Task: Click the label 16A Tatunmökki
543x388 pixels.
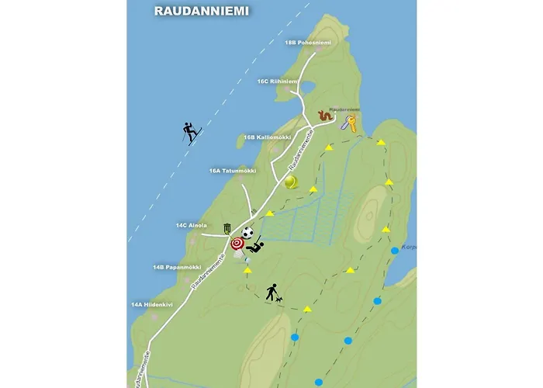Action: click(x=232, y=171)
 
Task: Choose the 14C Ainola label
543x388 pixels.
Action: click(x=191, y=225)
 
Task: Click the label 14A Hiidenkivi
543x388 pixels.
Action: click(x=151, y=305)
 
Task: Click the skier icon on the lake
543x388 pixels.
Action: click(x=191, y=133)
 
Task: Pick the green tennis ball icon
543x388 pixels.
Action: click(x=291, y=182)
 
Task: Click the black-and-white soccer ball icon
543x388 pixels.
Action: click(x=247, y=232)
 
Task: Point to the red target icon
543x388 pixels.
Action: click(x=237, y=244)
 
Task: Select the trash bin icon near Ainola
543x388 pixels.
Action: click(x=227, y=229)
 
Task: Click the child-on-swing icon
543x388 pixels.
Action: click(x=255, y=246)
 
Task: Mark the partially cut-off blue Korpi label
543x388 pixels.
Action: click(x=410, y=248)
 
